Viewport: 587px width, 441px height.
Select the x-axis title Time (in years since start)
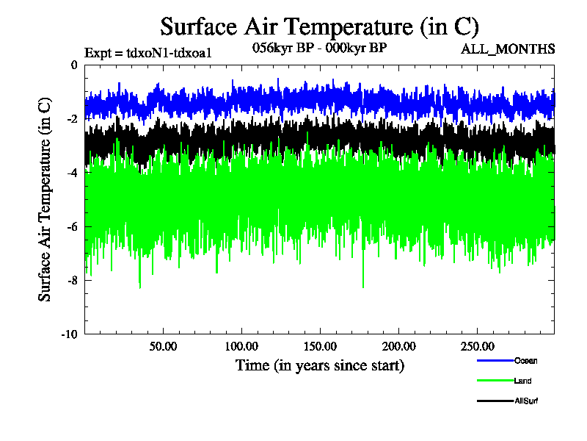pos(319,365)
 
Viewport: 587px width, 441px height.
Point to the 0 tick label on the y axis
pos(73,65)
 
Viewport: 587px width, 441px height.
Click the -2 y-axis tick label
pos(71,119)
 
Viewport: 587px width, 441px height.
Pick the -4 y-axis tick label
pos(71,173)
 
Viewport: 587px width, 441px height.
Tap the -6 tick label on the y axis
pos(71,226)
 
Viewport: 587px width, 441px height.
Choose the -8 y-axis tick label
pos(71,280)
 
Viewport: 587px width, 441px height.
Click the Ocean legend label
pos(525,360)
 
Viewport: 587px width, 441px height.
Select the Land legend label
pos(523,381)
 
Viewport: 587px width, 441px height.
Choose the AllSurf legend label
pos(527,401)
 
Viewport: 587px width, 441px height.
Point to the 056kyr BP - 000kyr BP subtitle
pos(319,47)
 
